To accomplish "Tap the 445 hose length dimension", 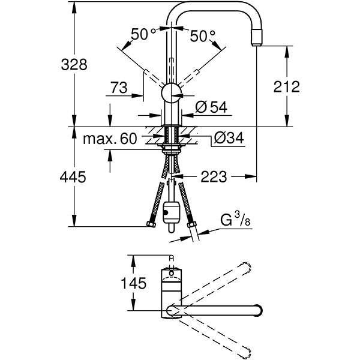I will coord(73,177).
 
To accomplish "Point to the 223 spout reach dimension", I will coord(214,176).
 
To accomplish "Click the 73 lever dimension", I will coord(118,88).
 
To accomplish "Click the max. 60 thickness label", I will coord(110,139).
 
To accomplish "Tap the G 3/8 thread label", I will coord(234,221).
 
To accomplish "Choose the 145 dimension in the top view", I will coord(133,283).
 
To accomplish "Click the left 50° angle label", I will coord(143,35).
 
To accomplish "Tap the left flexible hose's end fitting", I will coord(149,225).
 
